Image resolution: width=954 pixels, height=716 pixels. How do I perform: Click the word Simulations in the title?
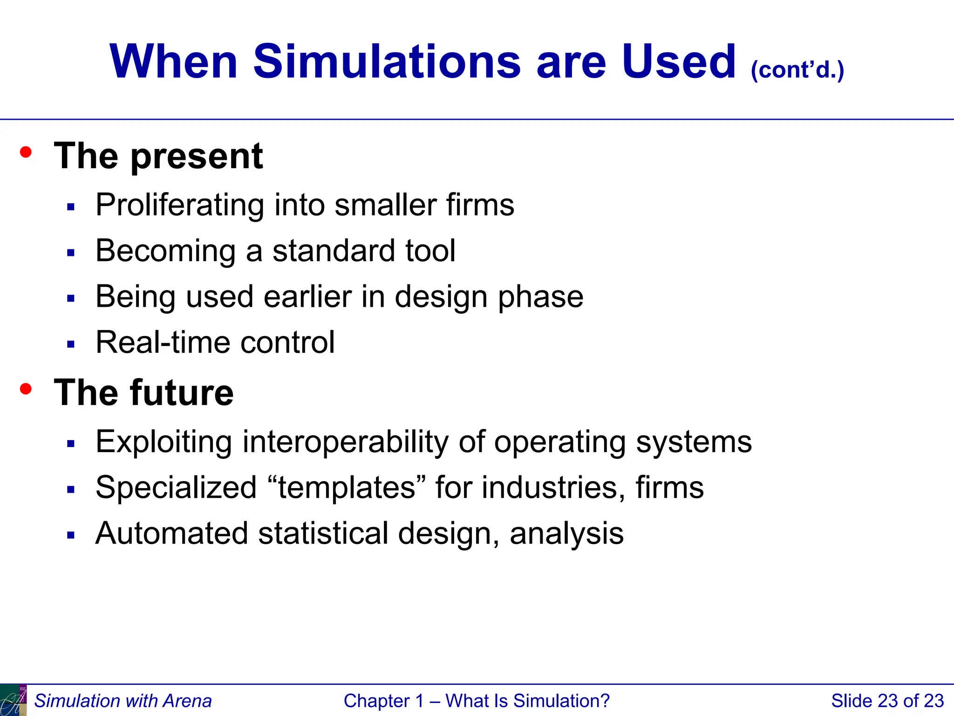point(387,62)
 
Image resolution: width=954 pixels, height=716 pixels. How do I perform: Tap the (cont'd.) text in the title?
point(797,70)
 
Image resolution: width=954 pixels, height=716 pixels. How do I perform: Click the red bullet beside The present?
point(26,152)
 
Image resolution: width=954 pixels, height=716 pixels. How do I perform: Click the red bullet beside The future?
point(26,388)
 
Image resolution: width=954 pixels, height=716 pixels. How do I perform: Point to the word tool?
point(430,251)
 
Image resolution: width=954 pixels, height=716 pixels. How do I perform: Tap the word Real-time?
point(163,343)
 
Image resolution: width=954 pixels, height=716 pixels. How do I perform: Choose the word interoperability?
point(345,441)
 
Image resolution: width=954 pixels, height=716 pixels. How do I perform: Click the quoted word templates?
point(347,488)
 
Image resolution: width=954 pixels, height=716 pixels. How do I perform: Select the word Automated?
point(171,533)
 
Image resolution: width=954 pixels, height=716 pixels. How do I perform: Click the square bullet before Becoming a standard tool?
point(71,253)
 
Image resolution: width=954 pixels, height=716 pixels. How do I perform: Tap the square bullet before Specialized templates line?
point(71,490)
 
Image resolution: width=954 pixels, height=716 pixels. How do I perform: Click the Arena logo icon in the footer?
point(13,701)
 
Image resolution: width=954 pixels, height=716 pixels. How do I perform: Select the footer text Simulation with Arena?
point(123,701)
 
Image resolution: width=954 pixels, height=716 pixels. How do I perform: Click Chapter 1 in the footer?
point(383,701)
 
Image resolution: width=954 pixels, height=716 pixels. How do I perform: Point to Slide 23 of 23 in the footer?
point(887,701)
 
